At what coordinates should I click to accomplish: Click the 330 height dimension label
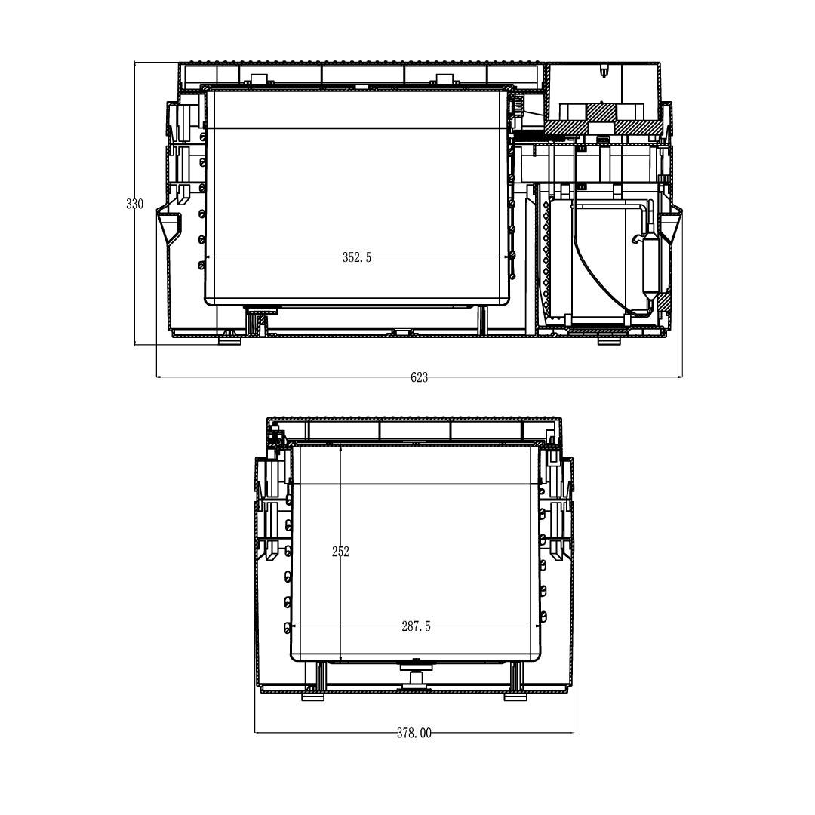[134, 204]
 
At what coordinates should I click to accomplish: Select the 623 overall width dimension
[419, 378]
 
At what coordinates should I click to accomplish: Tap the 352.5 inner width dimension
[357, 257]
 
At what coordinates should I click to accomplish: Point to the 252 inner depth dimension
[340, 552]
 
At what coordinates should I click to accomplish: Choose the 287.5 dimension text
[416, 626]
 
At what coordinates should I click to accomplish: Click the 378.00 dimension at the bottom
[414, 733]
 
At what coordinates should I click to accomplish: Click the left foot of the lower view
[313, 697]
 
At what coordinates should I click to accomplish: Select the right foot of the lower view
[515, 697]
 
